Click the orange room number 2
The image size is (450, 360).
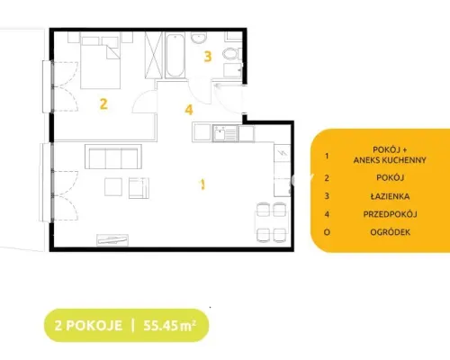click(x=103, y=104)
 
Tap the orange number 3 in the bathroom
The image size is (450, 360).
click(x=208, y=57)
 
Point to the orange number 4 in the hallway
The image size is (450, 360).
click(x=189, y=110)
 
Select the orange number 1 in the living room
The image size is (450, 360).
click(x=202, y=184)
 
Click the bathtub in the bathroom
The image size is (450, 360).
click(x=175, y=55)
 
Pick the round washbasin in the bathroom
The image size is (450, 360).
click(x=199, y=38)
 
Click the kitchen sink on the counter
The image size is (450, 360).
click(x=225, y=133)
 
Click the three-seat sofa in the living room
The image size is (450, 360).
click(x=113, y=157)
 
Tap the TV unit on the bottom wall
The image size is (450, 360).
click(x=112, y=240)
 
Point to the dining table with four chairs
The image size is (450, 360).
click(x=271, y=222)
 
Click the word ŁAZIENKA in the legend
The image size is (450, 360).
click(x=390, y=196)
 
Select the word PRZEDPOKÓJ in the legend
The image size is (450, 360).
click(x=390, y=214)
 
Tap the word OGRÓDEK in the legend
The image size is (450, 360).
click(x=390, y=232)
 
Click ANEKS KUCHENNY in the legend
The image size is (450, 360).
click(x=390, y=160)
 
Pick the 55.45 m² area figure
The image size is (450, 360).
click(x=170, y=325)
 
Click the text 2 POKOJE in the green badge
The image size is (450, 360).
click(x=88, y=326)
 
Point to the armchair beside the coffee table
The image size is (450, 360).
click(x=139, y=188)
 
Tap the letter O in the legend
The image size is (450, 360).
click(x=327, y=232)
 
